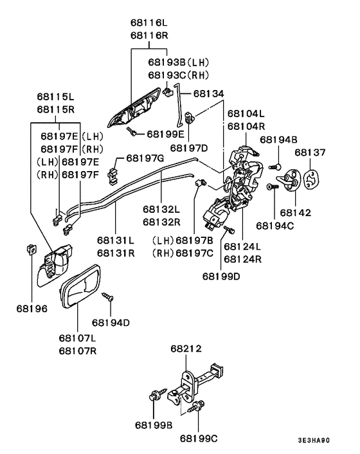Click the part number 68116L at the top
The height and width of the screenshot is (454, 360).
click(148, 23)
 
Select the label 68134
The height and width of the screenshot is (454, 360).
click(209, 93)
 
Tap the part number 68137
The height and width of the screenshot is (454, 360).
click(310, 152)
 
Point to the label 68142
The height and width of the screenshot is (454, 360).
click(295, 211)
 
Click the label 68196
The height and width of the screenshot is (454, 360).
click(32, 308)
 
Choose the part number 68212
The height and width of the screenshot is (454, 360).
click(186, 349)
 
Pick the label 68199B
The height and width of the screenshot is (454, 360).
click(154, 425)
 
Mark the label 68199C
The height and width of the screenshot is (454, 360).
click(199, 439)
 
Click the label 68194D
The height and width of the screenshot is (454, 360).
click(111, 322)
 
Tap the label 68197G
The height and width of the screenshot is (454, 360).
click(145, 158)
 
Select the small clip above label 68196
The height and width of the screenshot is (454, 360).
click(30, 248)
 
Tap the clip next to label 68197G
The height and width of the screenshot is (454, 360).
click(114, 171)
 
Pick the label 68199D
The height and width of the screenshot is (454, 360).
click(221, 276)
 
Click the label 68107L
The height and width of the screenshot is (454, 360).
click(77, 338)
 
